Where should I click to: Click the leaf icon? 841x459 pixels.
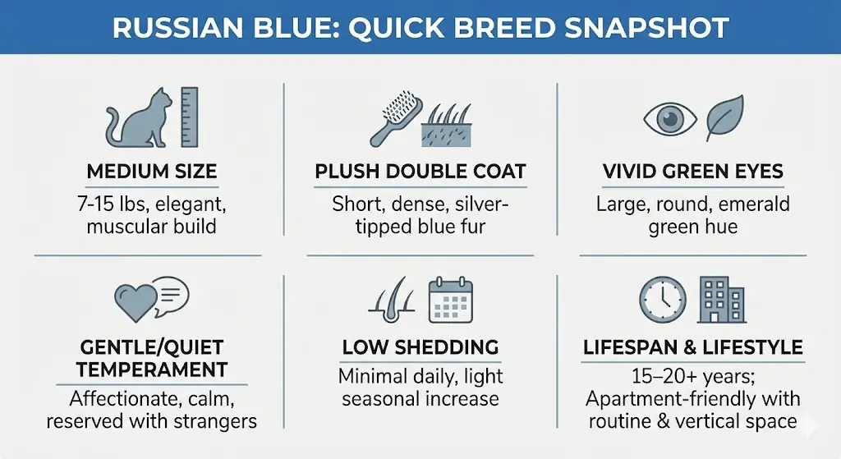coord(725,117)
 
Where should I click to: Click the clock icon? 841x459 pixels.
coord(662,299)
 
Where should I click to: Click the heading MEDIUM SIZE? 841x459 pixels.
coord(152,172)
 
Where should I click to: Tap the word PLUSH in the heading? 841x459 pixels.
coord(347,172)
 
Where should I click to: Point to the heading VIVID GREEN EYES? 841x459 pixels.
coord(692,172)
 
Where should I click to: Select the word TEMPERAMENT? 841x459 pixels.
coord(152,369)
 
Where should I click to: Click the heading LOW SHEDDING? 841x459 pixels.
coord(420,347)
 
